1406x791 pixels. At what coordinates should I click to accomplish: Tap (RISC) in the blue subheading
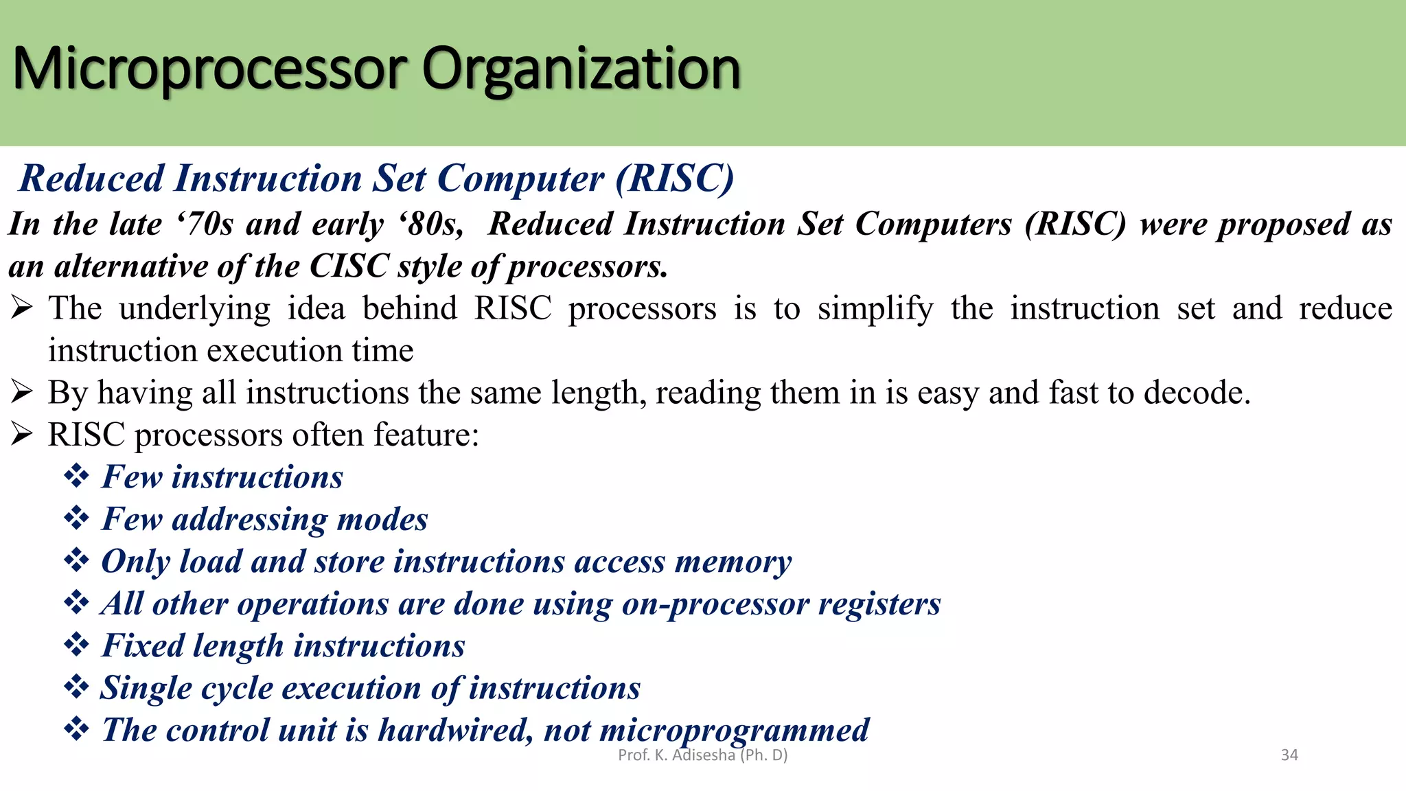[x=675, y=179]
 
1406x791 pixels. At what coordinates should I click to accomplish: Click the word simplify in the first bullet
[x=875, y=309]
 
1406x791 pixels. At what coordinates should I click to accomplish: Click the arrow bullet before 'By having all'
[x=22, y=392]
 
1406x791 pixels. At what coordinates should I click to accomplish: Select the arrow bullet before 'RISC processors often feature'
[x=22, y=435]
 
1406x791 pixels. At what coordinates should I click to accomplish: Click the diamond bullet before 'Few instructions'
[x=76, y=476]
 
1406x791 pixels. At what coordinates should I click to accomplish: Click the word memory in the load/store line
[x=733, y=562]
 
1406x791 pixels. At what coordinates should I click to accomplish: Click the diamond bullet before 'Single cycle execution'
[x=76, y=687]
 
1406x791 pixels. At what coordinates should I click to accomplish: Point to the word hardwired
[x=454, y=730]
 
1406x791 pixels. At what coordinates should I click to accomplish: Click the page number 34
[x=1289, y=755]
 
